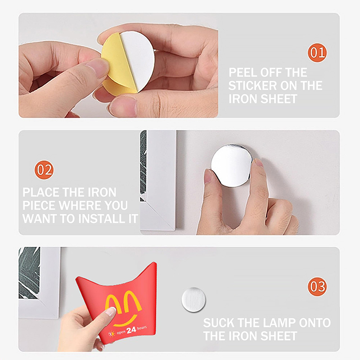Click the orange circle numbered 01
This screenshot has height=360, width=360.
pos(317,53)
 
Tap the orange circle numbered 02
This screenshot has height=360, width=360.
pos(44,170)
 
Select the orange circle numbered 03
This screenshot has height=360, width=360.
pos(317,286)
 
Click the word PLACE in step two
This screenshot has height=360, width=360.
pos(41,192)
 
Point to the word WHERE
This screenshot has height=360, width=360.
pos(80,205)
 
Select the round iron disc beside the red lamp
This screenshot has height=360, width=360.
pos(193,300)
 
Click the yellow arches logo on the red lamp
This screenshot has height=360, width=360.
pos(123,301)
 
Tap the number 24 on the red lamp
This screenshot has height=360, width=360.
pos(131,330)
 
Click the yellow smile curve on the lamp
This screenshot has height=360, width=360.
pos(125,320)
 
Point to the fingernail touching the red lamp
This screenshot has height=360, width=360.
pos(111,311)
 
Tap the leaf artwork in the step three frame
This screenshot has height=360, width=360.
pos(29,273)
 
